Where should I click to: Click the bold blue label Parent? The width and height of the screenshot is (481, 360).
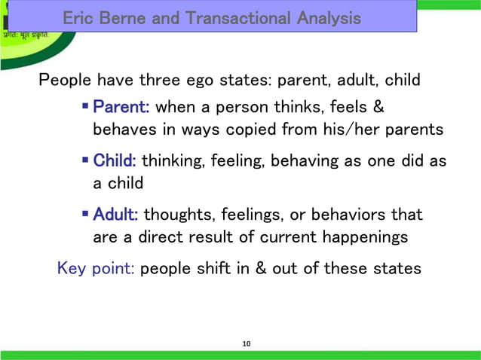[x=121, y=107]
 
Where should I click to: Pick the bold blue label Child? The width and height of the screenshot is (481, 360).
[x=115, y=161]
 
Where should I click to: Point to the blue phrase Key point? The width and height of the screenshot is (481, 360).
[x=97, y=268]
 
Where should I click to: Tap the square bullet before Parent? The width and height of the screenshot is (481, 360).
[x=86, y=107]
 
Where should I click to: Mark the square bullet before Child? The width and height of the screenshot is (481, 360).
[x=86, y=161]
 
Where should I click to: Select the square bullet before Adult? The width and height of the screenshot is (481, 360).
[x=86, y=215]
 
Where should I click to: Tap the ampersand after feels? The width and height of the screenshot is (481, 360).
[x=378, y=107]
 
